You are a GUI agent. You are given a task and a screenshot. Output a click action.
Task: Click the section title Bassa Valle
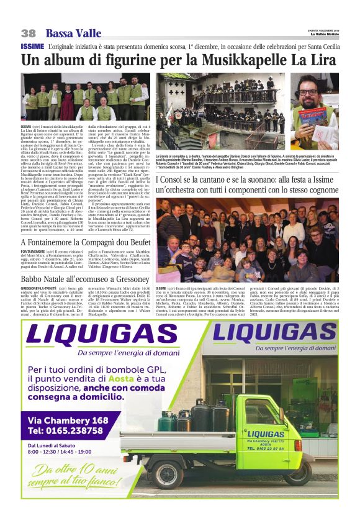70,33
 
